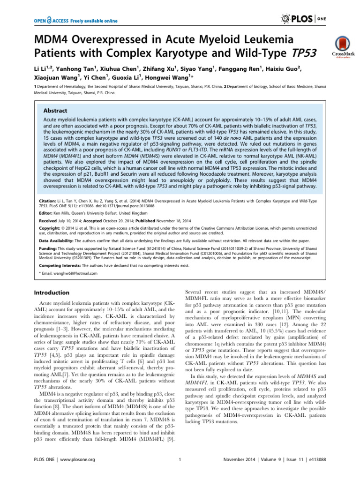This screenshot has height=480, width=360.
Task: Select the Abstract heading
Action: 55,111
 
